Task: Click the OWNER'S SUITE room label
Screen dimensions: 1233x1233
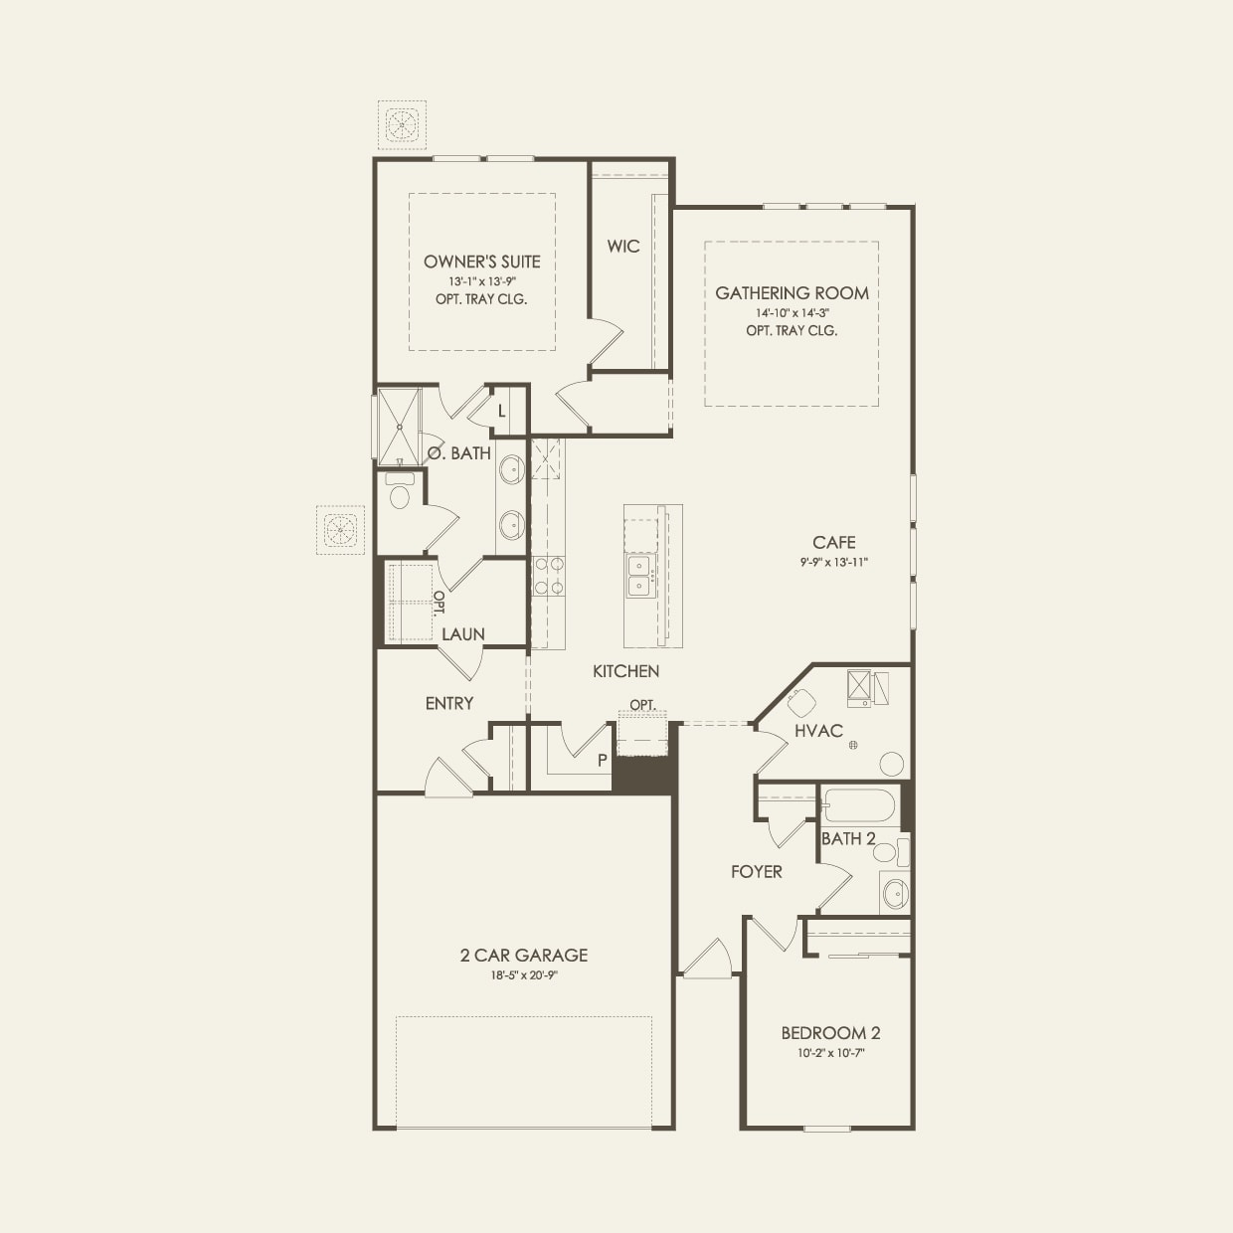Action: point(481,262)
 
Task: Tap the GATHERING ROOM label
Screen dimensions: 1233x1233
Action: point(792,293)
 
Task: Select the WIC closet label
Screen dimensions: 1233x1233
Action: point(623,246)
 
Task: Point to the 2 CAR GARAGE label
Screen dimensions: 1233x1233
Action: point(523,955)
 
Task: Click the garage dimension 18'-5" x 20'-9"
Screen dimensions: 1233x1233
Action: point(523,975)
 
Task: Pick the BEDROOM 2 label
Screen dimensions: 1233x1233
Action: point(830,1033)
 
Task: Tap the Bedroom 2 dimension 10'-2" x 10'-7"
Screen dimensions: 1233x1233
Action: point(830,1053)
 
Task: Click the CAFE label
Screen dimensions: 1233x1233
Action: point(833,542)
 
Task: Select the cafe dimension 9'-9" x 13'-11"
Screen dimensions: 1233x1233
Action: point(833,562)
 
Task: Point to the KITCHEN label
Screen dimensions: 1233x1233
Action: point(625,671)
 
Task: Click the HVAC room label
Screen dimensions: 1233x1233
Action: point(818,731)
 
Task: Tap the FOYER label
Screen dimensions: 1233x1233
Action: point(756,872)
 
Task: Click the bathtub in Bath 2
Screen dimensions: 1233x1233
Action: point(859,804)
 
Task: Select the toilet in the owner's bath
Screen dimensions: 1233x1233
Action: point(400,494)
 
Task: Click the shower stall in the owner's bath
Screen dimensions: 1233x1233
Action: point(399,427)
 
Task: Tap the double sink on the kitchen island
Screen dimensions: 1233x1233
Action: point(638,576)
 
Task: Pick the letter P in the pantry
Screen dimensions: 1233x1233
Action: point(602,761)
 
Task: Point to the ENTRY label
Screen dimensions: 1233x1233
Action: point(449,703)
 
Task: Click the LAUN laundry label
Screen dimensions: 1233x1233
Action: point(463,633)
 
